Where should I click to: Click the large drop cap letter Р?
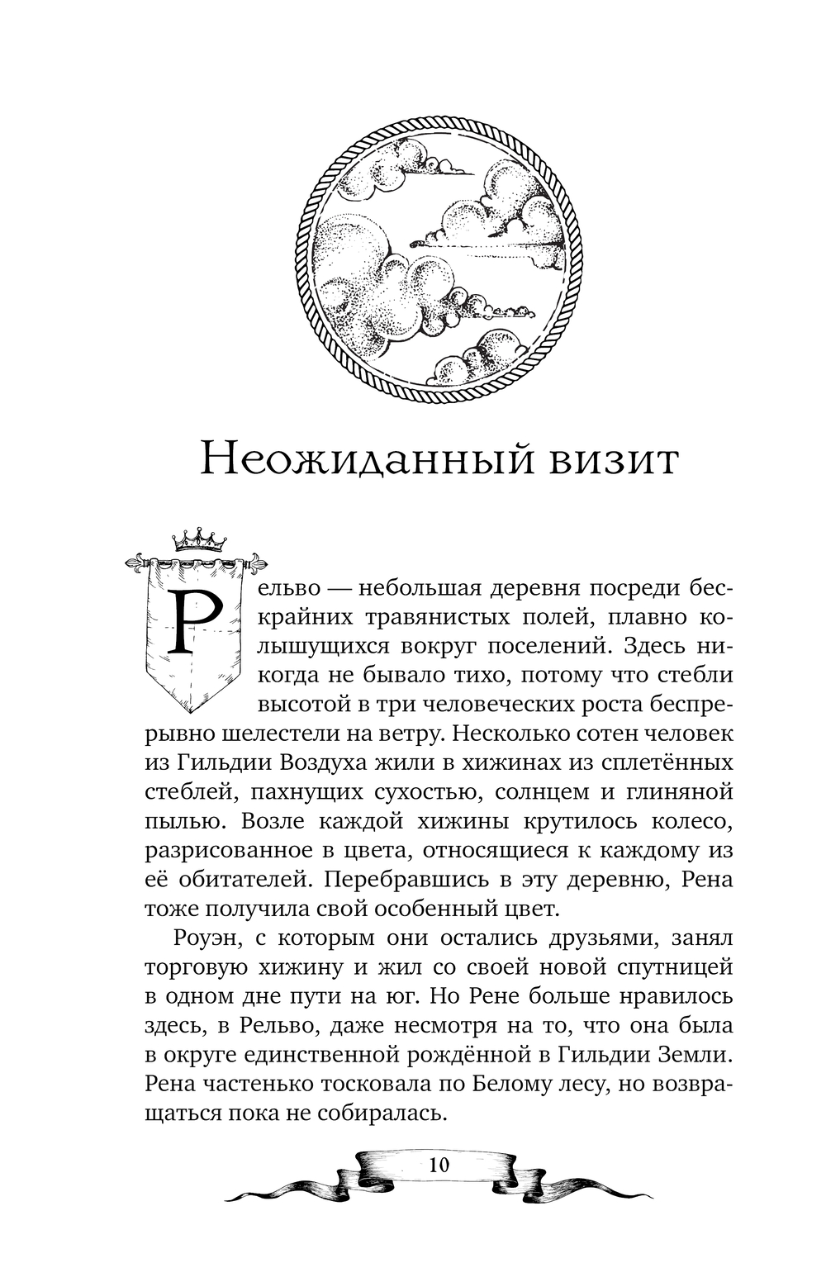point(196,622)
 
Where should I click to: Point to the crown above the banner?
point(198,540)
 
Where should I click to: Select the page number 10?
point(439,1166)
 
